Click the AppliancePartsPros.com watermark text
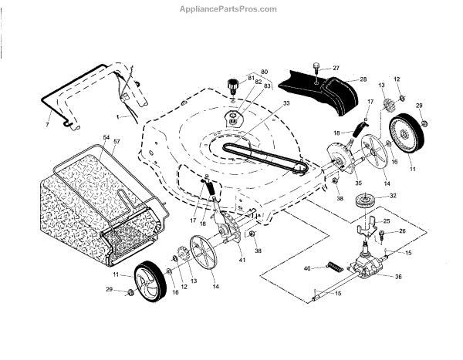[231, 9]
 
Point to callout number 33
[265, 103]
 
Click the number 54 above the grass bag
[106, 137]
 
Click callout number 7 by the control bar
[47, 123]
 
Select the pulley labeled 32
[362, 203]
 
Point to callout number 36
[399, 277]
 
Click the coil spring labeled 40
[334, 267]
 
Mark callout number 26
[402, 231]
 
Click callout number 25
[387, 221]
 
